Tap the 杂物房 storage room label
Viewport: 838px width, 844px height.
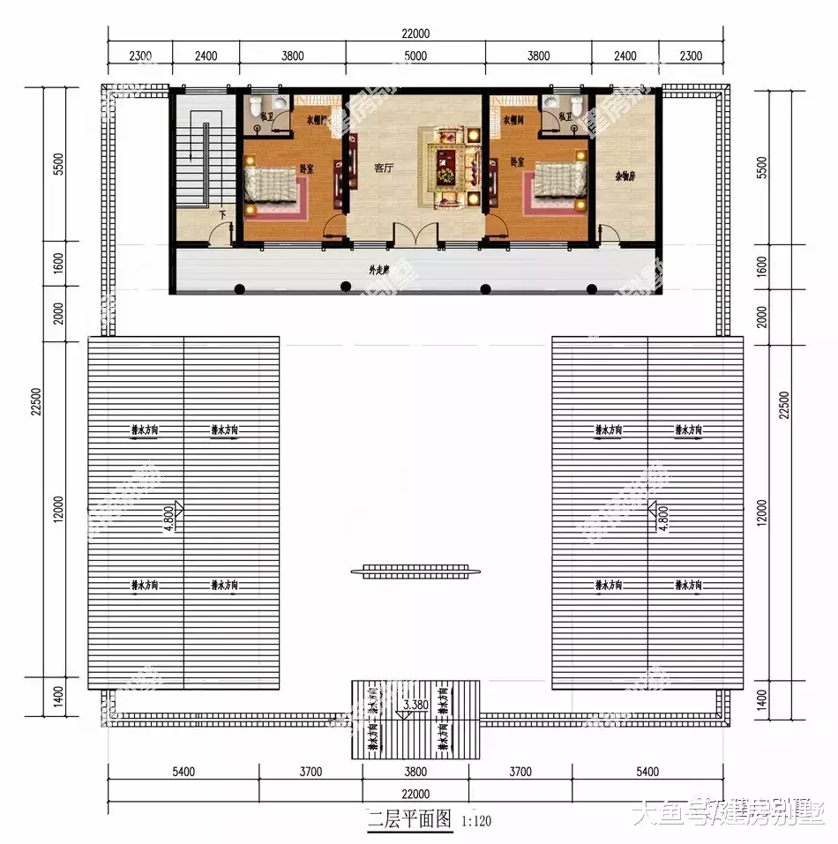(x=625, y=176)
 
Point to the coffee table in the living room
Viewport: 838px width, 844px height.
(x=449, y=163)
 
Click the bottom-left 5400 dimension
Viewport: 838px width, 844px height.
(x=183, y=773)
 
